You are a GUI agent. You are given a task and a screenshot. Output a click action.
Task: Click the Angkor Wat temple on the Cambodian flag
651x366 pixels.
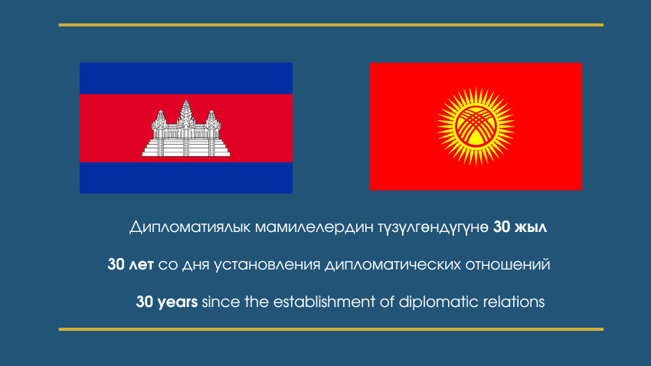pos(186,129)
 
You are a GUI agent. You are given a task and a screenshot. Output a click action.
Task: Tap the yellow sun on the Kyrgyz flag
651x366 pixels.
pos(476,126)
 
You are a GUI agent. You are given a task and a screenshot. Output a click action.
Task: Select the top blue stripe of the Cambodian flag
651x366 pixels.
pos(186,78)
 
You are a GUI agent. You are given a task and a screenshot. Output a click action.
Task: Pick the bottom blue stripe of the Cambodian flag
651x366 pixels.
pos(186,178)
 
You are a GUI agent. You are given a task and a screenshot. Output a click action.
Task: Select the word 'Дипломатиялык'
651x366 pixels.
pos(190,227)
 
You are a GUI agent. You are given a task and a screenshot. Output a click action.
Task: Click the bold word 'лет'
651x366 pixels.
pos(141,265)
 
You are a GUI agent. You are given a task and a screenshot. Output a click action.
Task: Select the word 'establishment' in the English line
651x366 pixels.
pos(324,302)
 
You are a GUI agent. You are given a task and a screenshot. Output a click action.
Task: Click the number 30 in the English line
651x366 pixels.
pos(145,302)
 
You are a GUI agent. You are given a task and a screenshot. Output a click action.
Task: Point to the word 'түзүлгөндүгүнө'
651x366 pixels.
pos(433,228)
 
